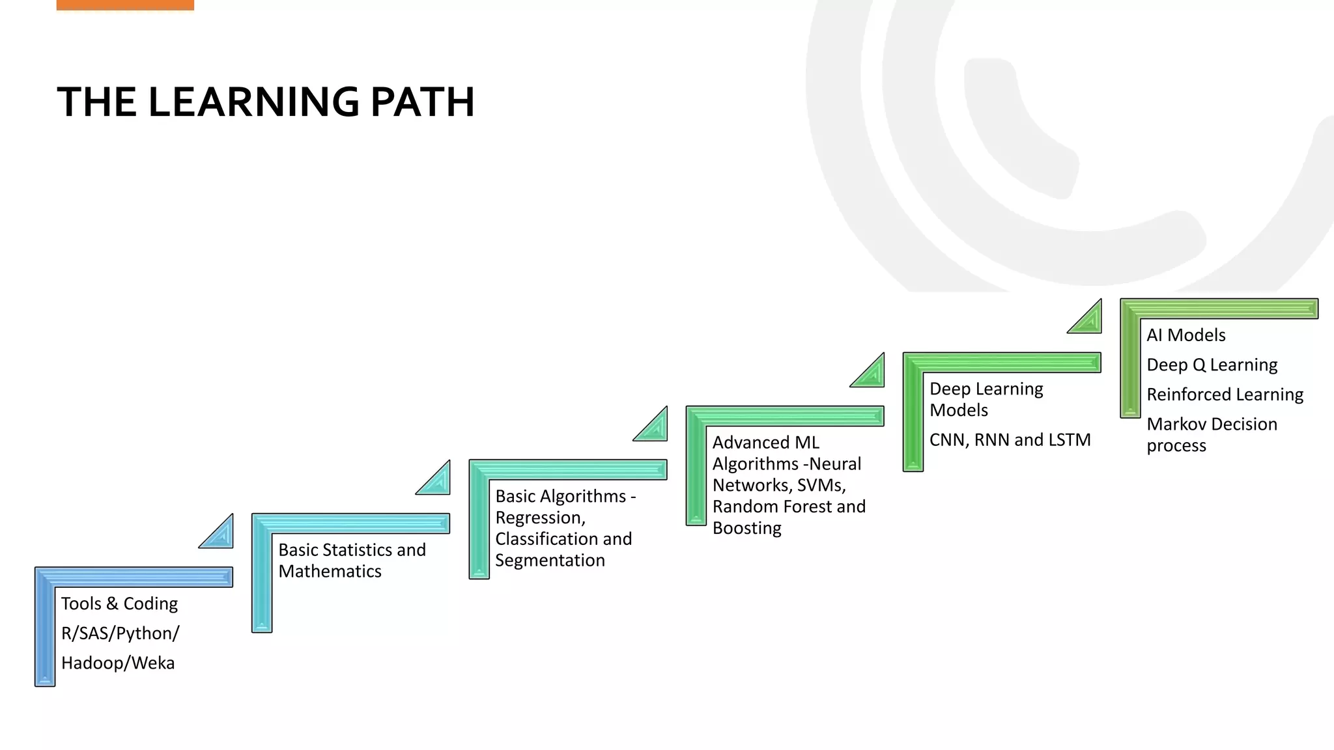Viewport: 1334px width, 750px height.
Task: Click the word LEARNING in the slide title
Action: tap(253, 102)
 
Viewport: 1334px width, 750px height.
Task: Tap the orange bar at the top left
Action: tap(125, 5)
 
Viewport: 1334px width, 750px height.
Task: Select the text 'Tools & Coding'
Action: tap(119, 604)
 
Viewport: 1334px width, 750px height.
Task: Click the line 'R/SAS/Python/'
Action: tap(120, 633)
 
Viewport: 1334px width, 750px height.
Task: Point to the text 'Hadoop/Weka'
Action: tap(118, 663)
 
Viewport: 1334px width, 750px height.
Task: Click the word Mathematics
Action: tap(330, 571)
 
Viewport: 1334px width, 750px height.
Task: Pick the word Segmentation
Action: tap(550, 560)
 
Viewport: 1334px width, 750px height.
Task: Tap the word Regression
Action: tap(539, 518)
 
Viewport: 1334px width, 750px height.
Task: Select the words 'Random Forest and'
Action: tap(789, 507)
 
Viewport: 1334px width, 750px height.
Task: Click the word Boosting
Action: tap(746, 528)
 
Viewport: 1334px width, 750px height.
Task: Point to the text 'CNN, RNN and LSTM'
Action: tap(1010, 440)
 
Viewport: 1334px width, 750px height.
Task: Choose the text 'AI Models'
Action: tap(1185, 335)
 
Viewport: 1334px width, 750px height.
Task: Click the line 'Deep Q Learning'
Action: tap(1212, 365)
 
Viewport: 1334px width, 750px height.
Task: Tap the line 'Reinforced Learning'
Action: tap(1225, 395)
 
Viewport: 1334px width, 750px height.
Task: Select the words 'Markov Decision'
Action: tap(1212, 424)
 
